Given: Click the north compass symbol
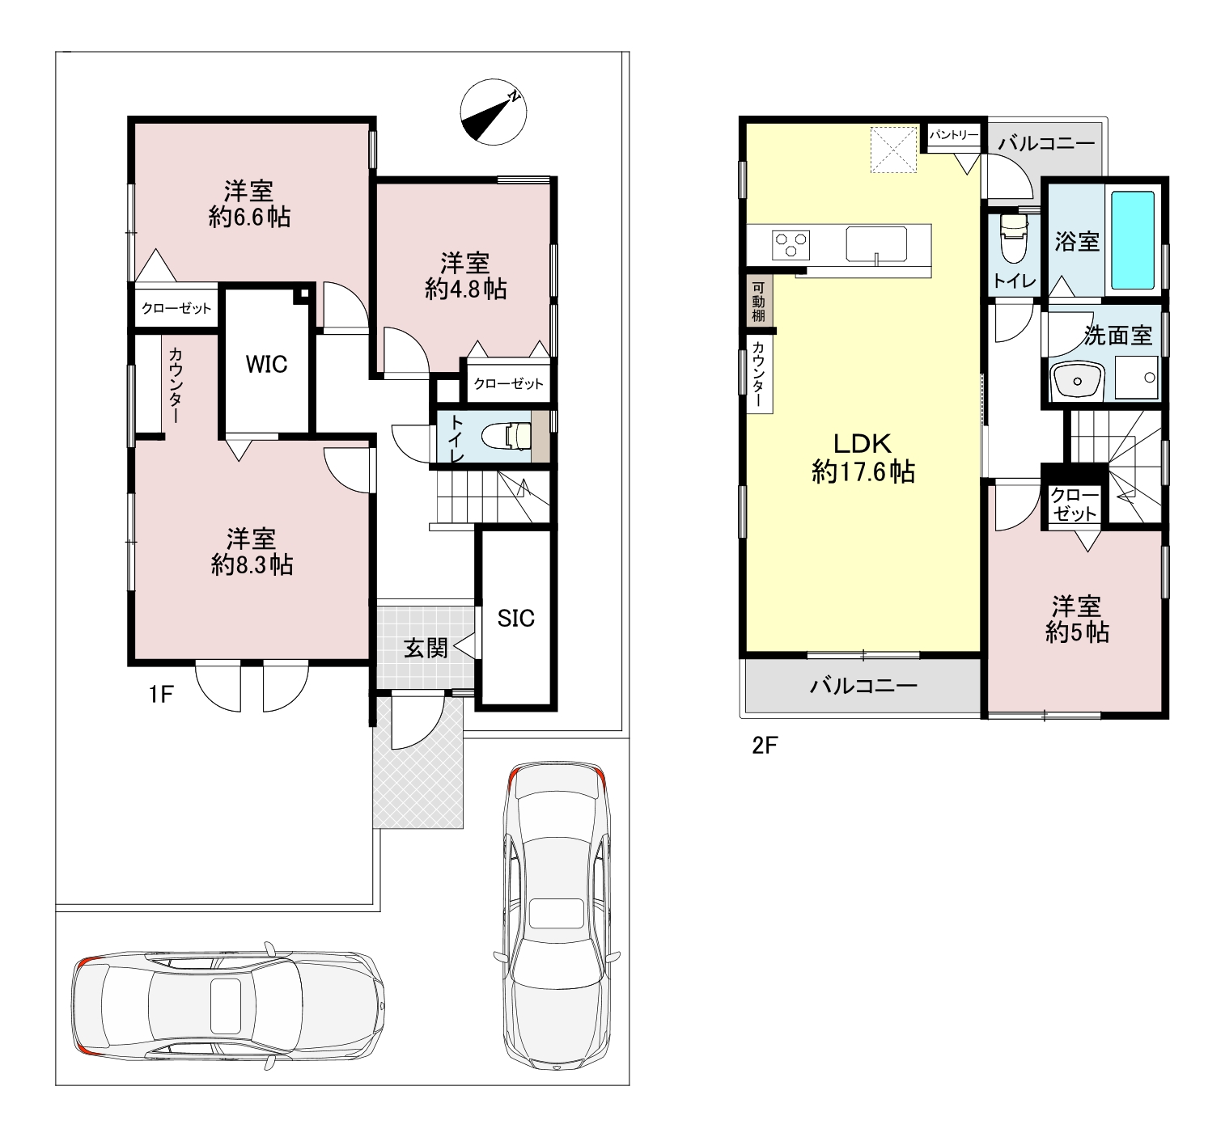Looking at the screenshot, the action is click(x=493, y=112).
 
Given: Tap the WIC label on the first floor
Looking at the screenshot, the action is click(x=266, y=365).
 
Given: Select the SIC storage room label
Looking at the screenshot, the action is click(x=515, y=619).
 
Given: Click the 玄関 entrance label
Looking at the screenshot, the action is click(x=425, y=648).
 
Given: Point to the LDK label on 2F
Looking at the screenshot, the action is click(x=863, y=443).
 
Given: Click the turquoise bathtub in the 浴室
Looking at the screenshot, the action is click(x=1133, y=240).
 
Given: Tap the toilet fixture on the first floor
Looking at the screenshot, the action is click(x=507, y=437).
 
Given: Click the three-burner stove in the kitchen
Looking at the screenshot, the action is click(x=791, y=245).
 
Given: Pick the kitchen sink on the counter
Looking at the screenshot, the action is click(x=876, y=244).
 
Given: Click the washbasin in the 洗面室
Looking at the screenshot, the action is click(x=1077, y=380).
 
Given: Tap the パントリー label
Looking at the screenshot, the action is click(x=954, y=134).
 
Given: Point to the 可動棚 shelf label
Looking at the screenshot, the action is click(x=758, y=302).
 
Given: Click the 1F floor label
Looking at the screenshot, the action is click(x=161, y=695).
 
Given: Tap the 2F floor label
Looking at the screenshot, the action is click(x=765, y=746).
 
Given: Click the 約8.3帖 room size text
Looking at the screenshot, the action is click(x=252, y=564).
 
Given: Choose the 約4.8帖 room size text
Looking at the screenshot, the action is click(x=466, y=290).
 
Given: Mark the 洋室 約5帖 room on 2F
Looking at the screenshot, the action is click(x=1076, y=619).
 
